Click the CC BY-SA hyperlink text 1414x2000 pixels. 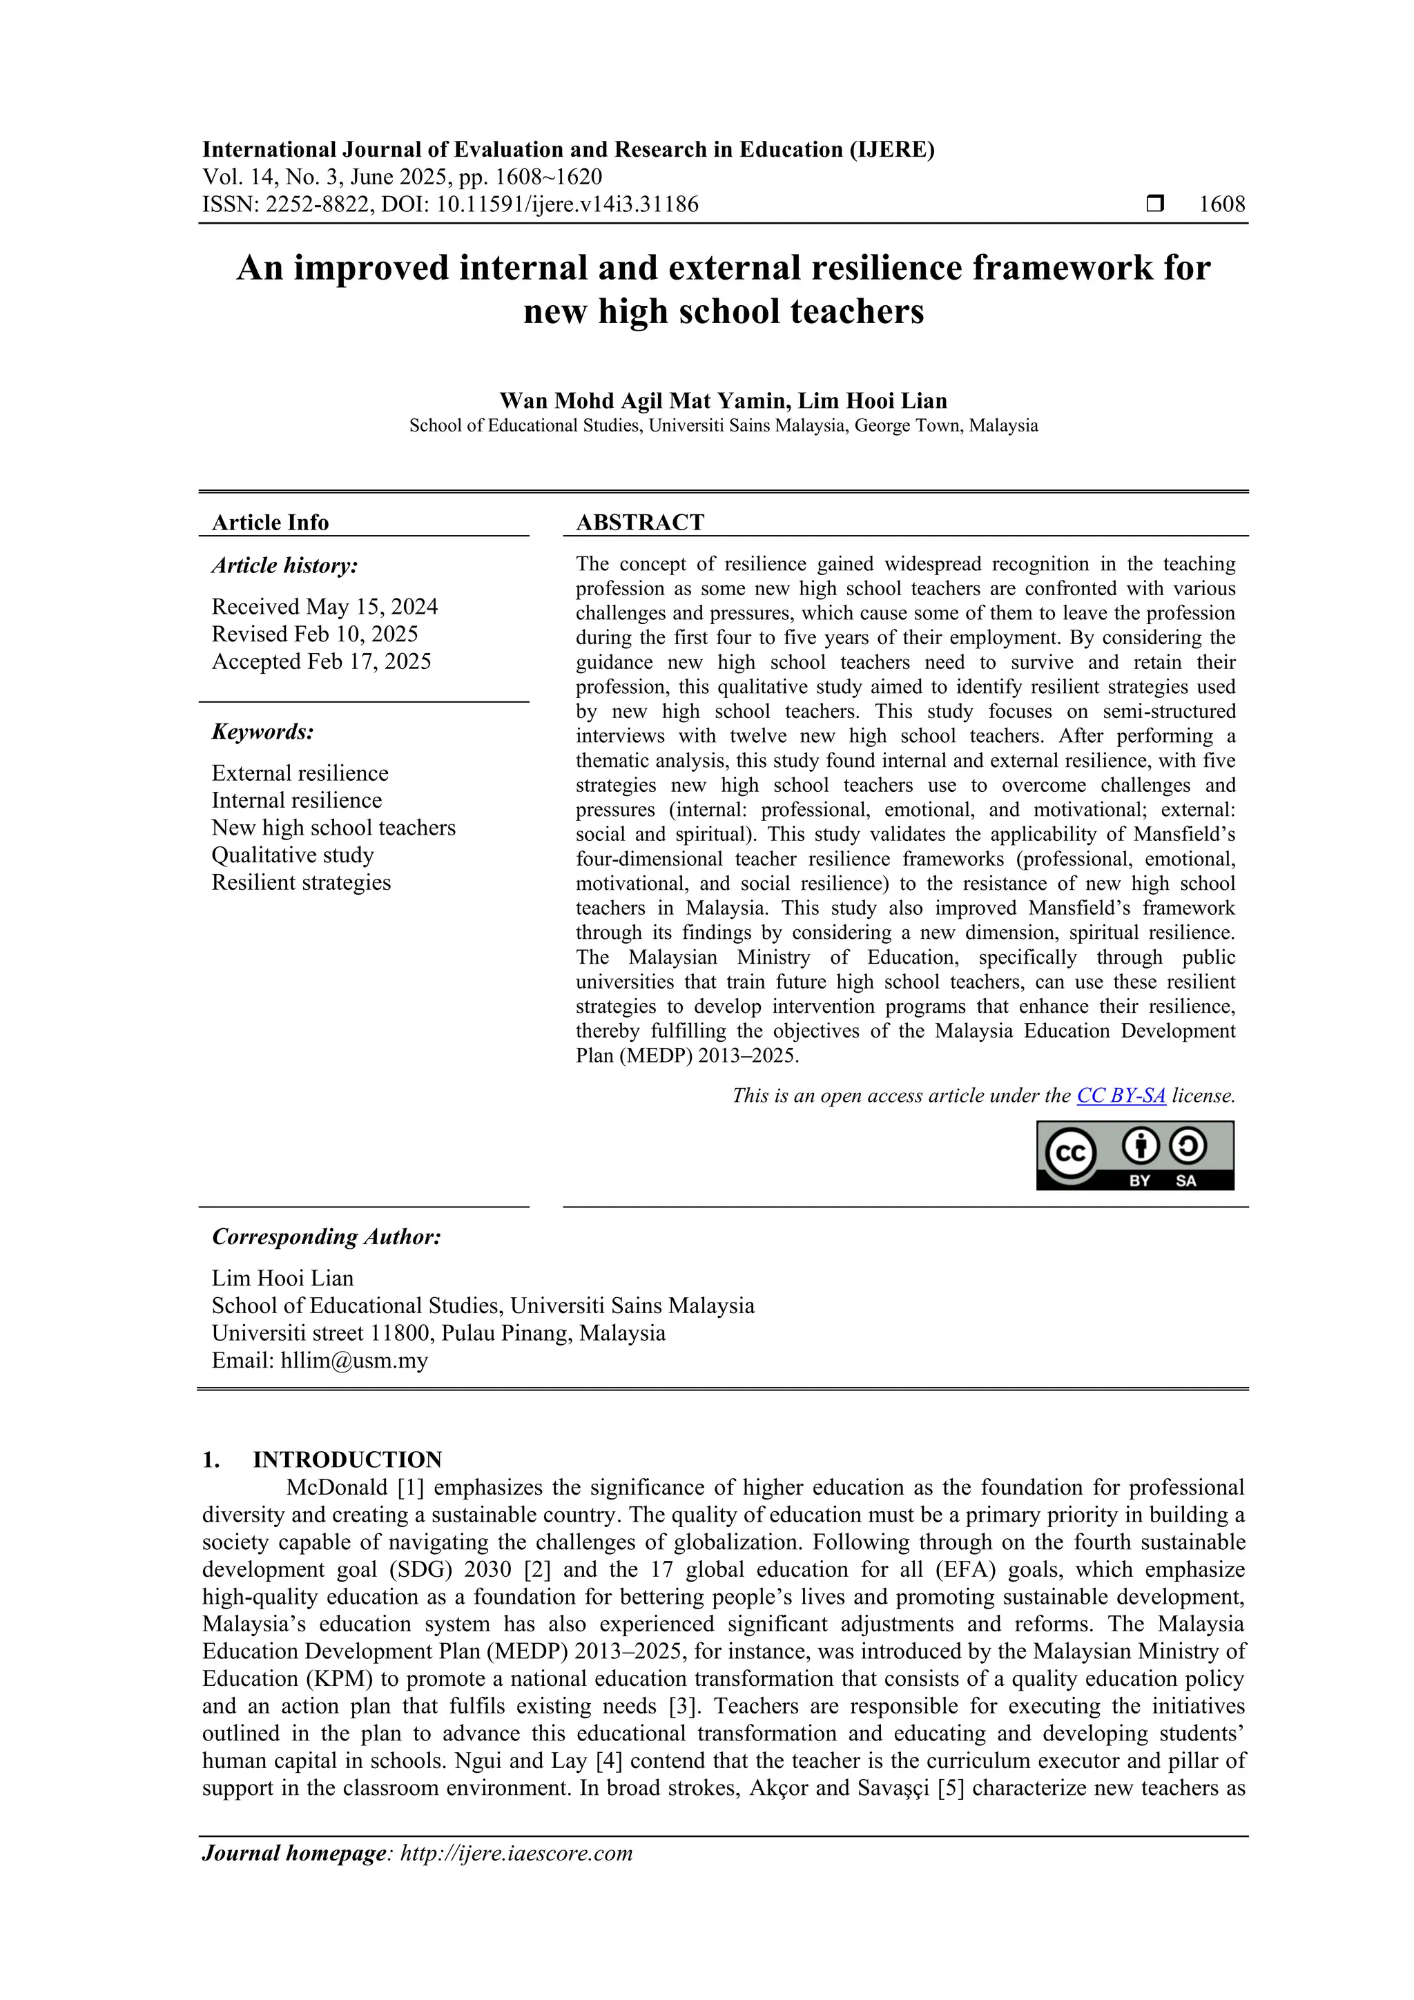pos(1121,1096)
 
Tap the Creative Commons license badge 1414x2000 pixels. pos(1134,1155)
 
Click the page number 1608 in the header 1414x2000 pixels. pos(1221,205)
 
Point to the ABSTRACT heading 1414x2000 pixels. pos(639,522)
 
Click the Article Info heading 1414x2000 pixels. pos(270,523)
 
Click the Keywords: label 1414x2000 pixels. pos(262,732)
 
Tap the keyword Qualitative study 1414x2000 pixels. pos(292,855)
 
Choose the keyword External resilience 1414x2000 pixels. pos(300,773)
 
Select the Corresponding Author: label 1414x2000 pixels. pos(326,1237)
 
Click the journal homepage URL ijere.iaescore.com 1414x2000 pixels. pos(516,1853)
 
